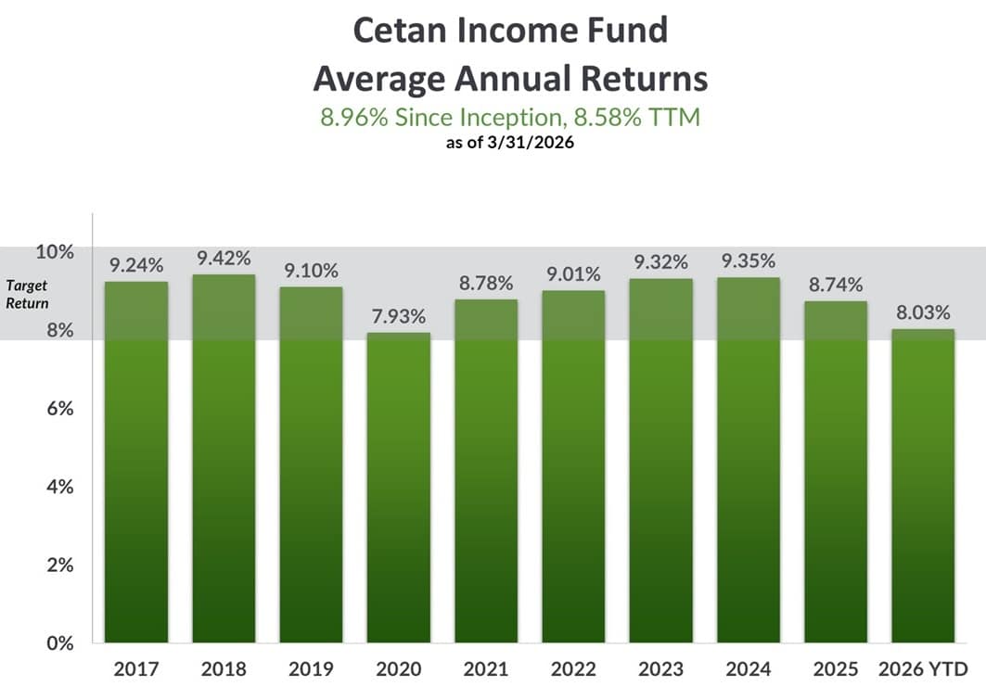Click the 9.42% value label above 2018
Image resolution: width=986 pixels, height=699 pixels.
point(224,257)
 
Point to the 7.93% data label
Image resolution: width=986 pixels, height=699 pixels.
point(399,315)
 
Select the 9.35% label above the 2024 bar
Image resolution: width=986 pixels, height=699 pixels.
point(749,261)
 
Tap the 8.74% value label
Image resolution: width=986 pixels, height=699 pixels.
point(837,284)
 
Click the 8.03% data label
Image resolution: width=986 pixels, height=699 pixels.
point(924,312)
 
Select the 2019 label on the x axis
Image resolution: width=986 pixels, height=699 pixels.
point(311,668)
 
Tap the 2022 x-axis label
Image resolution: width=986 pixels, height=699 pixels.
point(573,668)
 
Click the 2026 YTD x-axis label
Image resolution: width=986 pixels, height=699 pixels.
point(924,668)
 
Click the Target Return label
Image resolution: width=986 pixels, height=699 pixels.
point(29,295)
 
